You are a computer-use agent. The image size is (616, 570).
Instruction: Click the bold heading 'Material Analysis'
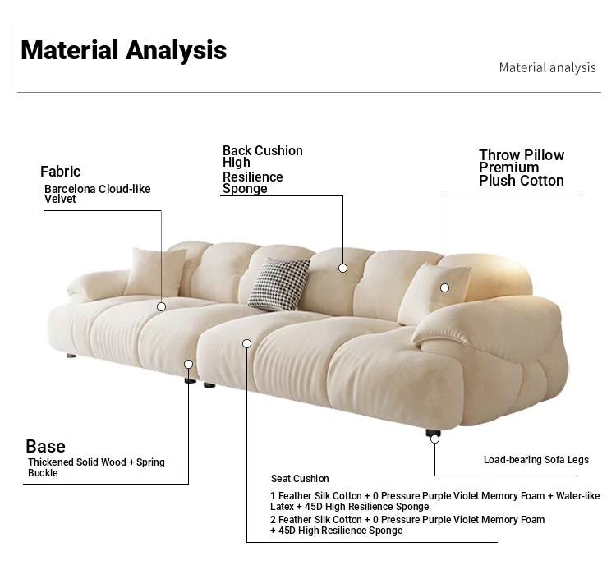point(124,51)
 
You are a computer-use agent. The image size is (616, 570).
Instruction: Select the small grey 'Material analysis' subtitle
point(547,67)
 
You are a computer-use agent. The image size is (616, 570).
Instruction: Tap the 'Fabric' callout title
point(60,172)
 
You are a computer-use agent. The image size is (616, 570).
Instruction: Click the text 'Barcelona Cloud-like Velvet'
point(97,194)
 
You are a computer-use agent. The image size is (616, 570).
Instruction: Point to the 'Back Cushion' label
point(263,150)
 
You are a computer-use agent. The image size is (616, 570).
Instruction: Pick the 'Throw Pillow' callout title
point(522,154)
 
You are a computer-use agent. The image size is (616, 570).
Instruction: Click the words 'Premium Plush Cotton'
point(522,174)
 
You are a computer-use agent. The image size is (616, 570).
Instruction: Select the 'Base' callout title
point(45,446)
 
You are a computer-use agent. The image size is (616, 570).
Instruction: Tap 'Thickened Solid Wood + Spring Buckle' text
point(96,467)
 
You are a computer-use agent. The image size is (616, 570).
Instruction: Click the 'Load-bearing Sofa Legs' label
point(536,460)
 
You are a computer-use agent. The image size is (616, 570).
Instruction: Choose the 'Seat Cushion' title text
point(300,479)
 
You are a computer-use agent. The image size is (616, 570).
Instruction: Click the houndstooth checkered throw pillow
point(279,283)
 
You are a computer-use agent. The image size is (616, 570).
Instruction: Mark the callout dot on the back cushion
point(343,268)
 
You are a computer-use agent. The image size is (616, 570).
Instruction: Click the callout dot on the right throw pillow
point(444,288)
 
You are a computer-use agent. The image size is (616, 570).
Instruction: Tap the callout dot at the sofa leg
point(434,439)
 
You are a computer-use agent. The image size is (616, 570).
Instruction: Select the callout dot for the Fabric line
point(161,307)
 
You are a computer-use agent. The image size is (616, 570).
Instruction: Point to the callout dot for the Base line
point(189,364)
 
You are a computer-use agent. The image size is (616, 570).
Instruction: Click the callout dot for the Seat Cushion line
point(246,344)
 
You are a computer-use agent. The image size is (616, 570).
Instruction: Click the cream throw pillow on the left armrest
point(154,272)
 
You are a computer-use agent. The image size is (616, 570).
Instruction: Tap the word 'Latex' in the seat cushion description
point(282,507)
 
